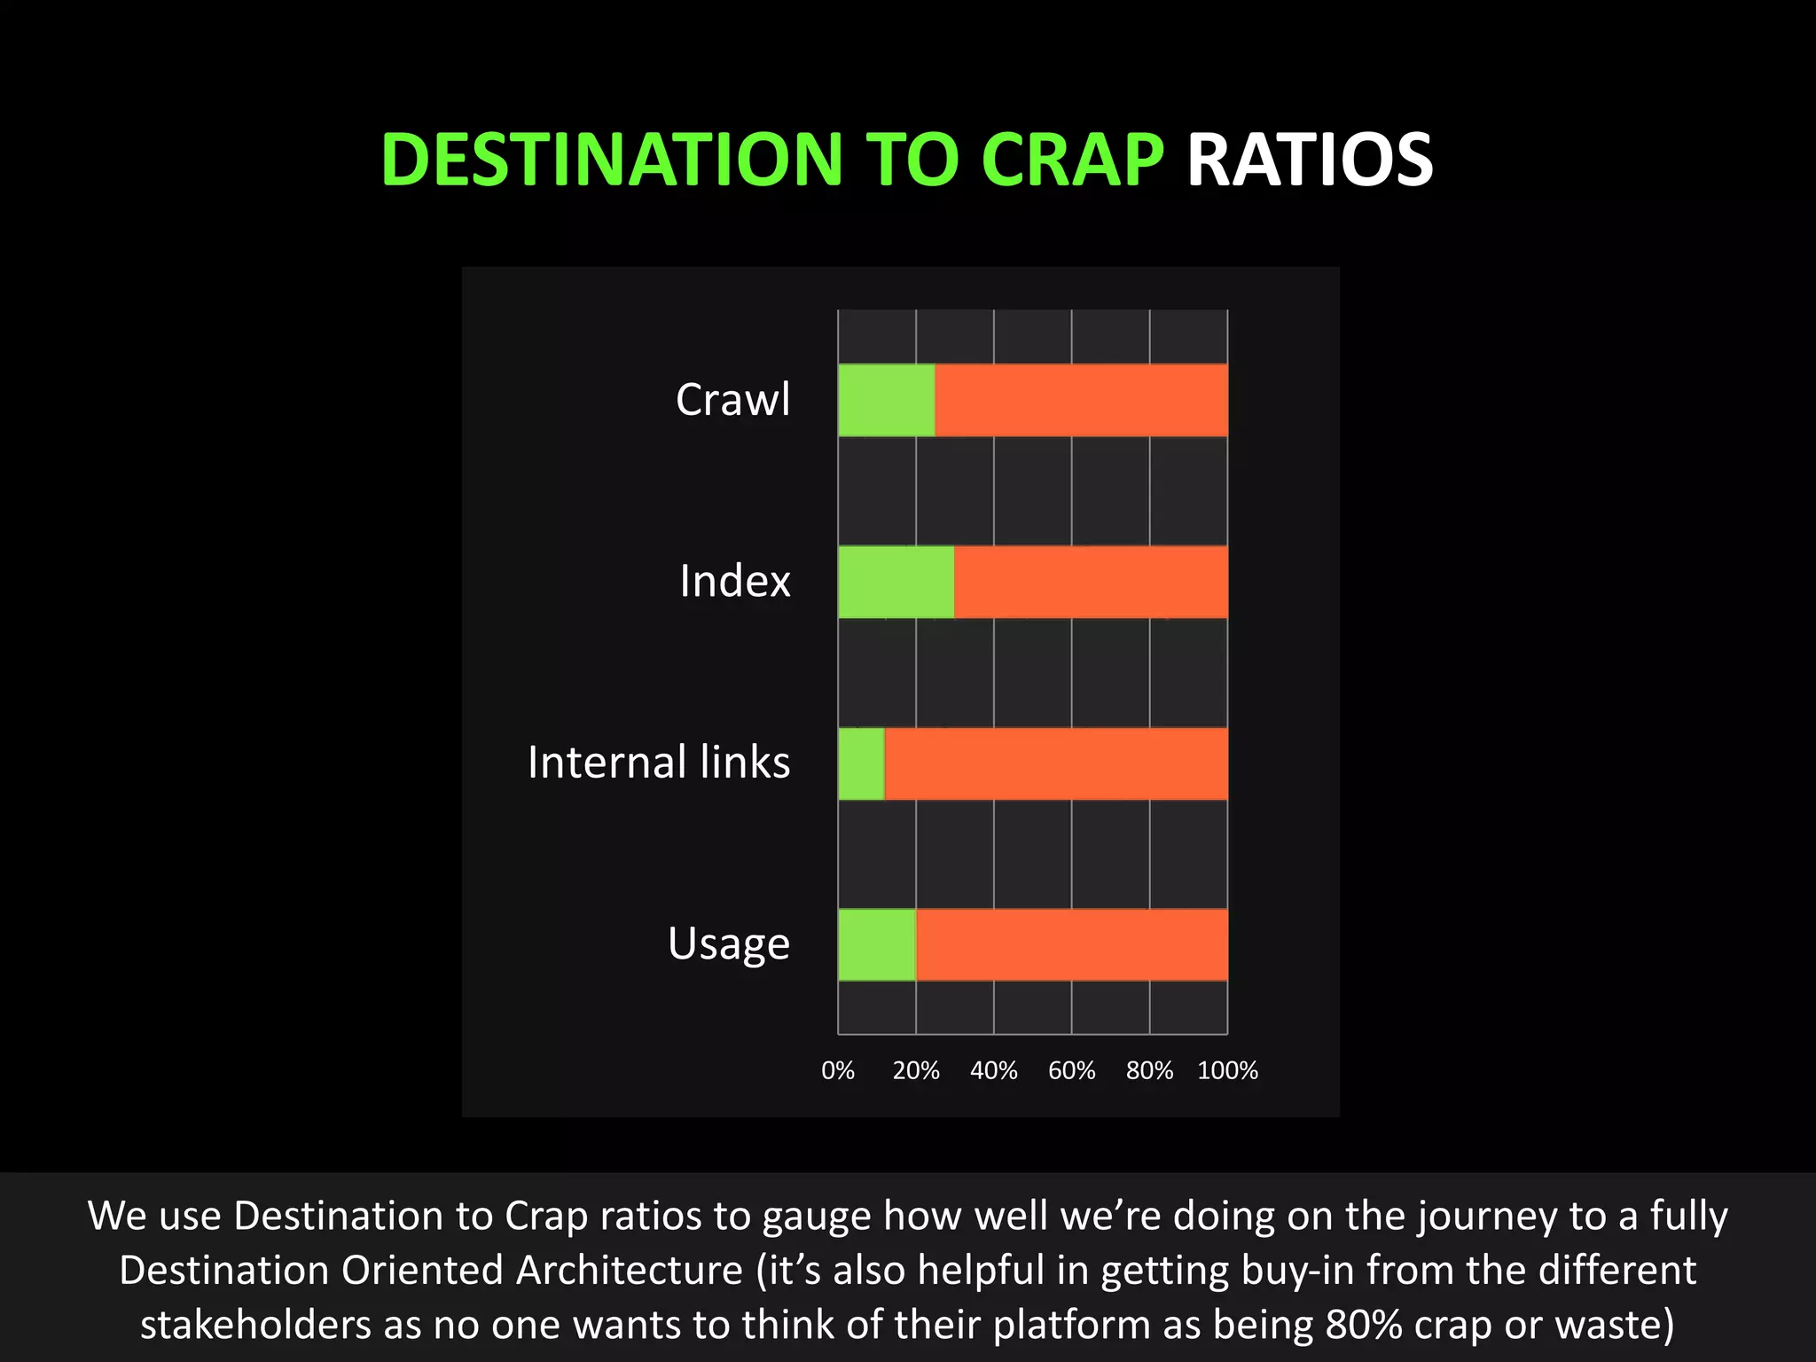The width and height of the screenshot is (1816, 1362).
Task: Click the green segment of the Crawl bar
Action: click(x=886, y=400)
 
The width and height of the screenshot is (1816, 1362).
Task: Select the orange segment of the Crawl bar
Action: click(x=1081, y=400)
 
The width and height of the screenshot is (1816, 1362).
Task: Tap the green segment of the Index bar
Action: click(x=896, y=582)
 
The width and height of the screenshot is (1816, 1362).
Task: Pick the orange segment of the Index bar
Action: click(x=1091, y=582)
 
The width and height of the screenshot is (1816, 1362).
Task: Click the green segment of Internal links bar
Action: click(x=861, y=763)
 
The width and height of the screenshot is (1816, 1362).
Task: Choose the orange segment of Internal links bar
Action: click(x=1055, y=763)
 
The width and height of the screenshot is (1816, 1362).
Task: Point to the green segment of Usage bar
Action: click(x=876, y=945)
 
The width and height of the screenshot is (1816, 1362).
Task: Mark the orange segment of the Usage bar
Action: click(x=1071, y=945)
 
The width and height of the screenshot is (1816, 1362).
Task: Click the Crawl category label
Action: click(x=732, y=400)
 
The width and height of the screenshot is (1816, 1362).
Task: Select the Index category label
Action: click(x=734, y=582)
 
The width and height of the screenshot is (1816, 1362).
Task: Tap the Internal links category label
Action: click(x=658, y=763)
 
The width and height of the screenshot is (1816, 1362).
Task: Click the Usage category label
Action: click(x=728, y=944)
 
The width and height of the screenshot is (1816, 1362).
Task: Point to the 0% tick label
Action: click(x=838, y=1071)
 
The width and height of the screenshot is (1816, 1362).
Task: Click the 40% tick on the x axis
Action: click(x=993, y=1071)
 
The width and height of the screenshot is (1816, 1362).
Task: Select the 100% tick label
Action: click(x=1227, y=1071)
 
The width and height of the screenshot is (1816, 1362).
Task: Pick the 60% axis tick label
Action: click(x=1071, y=1071)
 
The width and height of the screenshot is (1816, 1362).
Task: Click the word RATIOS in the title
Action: click(x=1309, y=160)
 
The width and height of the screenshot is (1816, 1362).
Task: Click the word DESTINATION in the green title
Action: click(x=611, y=160)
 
